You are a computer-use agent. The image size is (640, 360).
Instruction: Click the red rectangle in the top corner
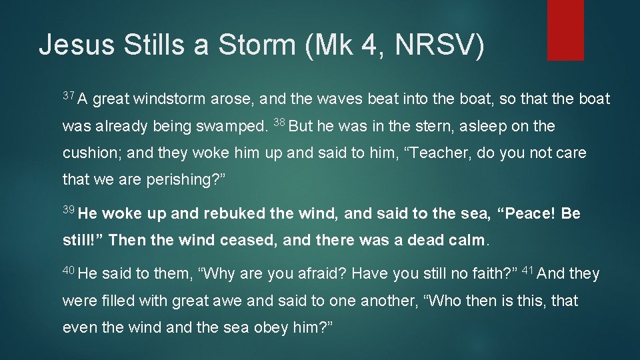tap(565, 29)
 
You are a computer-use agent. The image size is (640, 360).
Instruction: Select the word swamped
tap(235, 127)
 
